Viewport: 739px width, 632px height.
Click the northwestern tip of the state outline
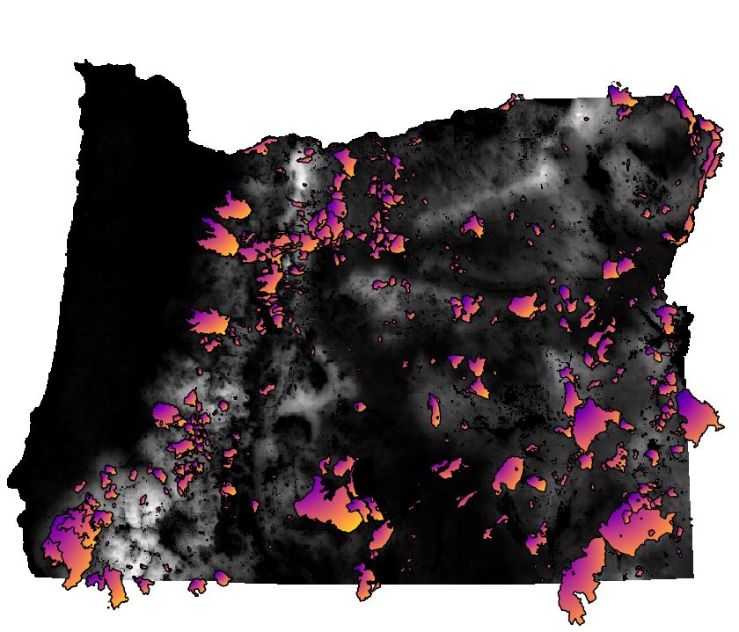(77, 63)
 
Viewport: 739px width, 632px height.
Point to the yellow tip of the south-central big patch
(350, 525)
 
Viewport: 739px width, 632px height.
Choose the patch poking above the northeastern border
(620, 97)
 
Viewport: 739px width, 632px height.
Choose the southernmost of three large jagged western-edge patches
(209, 322)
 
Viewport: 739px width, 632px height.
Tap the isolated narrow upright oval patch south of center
(434, 409)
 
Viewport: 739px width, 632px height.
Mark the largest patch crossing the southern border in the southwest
(112, 584)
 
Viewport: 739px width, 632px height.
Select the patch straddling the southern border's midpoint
(365, 581)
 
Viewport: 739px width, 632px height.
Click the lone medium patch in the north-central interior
(473, 227)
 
